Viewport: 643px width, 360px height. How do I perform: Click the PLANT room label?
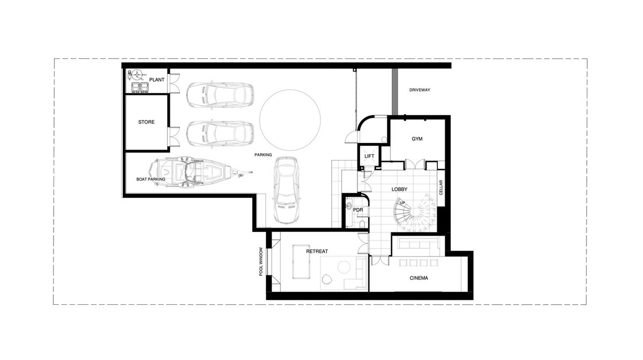point(156,80)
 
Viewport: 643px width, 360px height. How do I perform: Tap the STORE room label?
point(146,122)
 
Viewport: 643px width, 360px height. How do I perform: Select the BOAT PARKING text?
point(151,179)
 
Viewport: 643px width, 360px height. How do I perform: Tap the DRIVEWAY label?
point(420,90)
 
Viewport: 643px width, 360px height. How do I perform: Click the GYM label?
point(417,139)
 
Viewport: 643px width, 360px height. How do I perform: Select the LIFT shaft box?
point(369,156)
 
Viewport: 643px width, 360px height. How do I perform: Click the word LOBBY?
point(400,189)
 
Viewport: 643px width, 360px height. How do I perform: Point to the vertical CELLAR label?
point(441,187)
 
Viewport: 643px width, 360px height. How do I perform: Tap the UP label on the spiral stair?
point(402,203)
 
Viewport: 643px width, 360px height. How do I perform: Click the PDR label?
point(358,210)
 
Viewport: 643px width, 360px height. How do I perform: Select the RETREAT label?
point(317,251)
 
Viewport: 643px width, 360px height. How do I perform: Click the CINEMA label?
point(419,278)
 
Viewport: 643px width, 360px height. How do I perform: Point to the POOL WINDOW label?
point(261,261)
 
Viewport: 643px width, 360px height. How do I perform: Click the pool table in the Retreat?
point(301,261)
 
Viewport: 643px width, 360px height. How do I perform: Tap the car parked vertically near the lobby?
point(286,190)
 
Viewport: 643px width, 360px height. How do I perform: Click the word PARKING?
point(263,155)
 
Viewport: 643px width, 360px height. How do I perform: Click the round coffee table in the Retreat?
point(344,267)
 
